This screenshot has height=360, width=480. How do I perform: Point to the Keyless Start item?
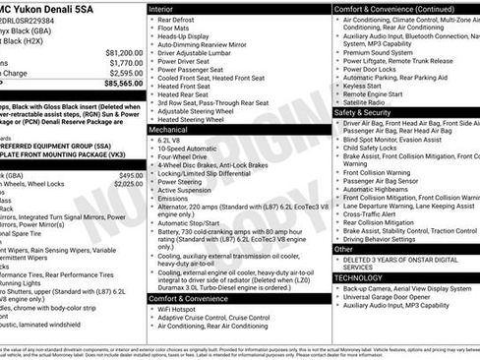(370, 86)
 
